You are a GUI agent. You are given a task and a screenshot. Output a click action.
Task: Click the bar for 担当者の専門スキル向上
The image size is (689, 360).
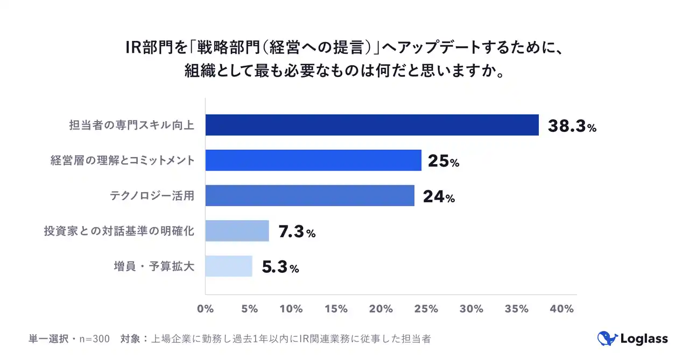point(372,125)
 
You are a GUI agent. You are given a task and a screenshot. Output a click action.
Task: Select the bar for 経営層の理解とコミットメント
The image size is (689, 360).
point(313,160)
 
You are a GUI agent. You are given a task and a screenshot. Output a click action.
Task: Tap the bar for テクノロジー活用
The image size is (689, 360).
point(310,195)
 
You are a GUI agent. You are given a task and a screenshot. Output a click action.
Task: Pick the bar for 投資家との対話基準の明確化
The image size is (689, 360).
point(237,231)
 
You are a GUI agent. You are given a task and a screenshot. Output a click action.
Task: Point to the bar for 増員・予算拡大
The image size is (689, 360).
point(228,266)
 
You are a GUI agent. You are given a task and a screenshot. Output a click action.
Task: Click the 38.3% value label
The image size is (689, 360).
point(572,126)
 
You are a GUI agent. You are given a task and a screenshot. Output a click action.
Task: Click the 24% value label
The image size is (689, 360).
point(439,197)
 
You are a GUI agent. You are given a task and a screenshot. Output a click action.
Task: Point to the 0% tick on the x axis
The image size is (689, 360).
point(205,309)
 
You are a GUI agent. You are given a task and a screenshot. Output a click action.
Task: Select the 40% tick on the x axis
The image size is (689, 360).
point(561,309)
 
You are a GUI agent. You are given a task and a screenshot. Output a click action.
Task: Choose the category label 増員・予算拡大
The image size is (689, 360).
point(153,266)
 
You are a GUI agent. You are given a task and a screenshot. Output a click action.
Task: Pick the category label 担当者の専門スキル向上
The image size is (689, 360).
point(131,125)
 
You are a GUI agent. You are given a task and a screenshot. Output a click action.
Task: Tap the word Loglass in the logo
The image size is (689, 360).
point(644,339)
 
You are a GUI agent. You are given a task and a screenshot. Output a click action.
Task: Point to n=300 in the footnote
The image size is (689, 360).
point(95,339)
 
